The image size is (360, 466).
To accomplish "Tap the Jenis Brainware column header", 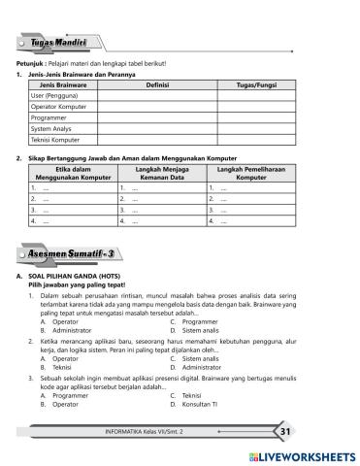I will tap(62, 86).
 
